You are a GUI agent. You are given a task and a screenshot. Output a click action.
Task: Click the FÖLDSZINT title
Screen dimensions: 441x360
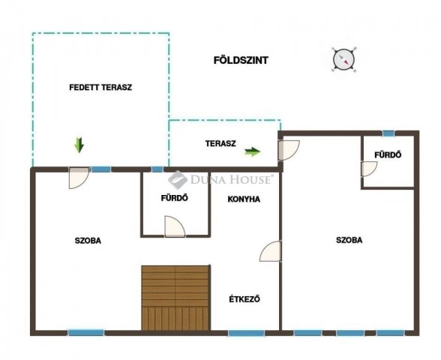click(241, 60)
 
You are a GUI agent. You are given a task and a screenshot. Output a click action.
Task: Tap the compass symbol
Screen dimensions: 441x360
click(343, 60)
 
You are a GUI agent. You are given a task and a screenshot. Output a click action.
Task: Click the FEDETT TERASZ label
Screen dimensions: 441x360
click(100, 87)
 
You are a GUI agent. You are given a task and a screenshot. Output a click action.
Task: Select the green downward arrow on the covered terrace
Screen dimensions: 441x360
click(79, 145)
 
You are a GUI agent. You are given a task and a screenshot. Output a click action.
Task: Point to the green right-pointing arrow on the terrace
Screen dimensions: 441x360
click(252, 151)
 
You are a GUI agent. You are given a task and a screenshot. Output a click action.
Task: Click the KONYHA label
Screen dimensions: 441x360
click(244, 199)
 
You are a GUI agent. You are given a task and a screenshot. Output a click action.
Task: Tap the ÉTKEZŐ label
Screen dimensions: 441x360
click(244, 299)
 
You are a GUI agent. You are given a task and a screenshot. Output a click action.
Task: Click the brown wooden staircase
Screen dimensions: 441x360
click(175, 298)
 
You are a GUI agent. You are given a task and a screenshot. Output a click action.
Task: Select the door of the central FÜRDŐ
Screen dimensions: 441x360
click(175, 226)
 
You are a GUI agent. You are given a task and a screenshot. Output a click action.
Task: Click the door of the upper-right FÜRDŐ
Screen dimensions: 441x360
click(369, 169)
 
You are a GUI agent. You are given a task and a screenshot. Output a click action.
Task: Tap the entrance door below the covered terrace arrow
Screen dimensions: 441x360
click(79, 178)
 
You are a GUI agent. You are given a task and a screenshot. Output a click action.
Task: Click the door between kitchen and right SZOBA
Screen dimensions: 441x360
click(270, 251)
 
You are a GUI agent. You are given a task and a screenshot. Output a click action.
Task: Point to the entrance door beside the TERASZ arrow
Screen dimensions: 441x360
click(289, 150)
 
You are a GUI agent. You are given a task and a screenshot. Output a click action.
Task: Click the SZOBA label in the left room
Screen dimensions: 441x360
click(88, 241)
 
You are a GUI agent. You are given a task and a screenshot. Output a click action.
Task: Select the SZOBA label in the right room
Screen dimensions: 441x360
click(349, 240)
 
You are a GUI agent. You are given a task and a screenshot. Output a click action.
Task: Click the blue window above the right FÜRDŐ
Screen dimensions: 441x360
click(388, 133)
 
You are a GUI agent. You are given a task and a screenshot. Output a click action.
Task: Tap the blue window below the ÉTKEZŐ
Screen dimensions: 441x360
click(246, 333)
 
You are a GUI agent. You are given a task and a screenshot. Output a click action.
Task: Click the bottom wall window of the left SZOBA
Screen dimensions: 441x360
click(86, 333)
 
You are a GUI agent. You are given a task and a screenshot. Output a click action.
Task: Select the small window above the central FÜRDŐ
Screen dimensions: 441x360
click(157, 169)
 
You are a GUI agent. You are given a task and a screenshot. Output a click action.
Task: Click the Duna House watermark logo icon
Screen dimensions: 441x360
click(178, 179)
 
